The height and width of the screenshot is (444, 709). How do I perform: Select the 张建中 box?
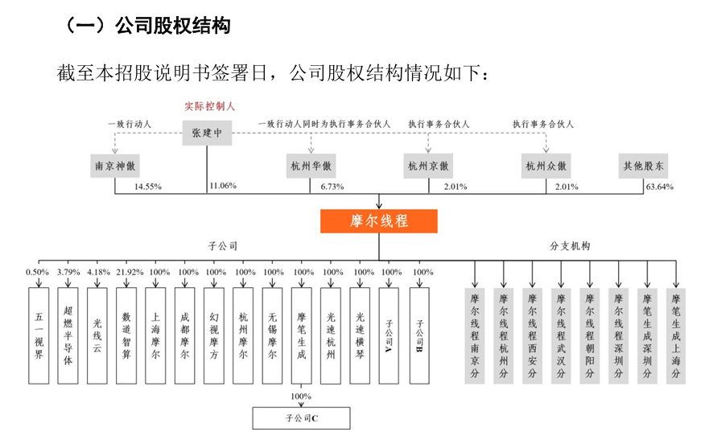[207, 132]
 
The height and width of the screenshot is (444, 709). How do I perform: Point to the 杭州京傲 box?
[427, 166]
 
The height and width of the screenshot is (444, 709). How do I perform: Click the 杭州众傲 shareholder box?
[547, 166]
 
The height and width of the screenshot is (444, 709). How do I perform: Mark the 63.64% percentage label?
[660, 187]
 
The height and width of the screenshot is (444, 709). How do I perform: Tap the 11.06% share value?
[223, 187]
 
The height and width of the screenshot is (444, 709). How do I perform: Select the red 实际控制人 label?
[207, 105]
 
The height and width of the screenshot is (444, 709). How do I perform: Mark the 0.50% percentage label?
[38, 272]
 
